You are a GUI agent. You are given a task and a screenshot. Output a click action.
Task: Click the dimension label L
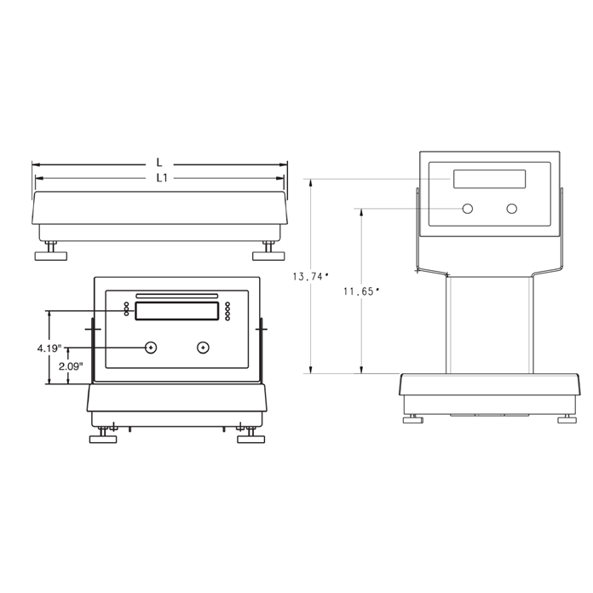tap(159, 162)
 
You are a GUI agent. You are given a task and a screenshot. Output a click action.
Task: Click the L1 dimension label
tap(160, 177)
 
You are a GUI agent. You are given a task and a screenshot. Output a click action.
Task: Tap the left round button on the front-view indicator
tap(151, 347)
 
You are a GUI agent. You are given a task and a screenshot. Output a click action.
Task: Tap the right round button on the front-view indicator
tap(203, 347)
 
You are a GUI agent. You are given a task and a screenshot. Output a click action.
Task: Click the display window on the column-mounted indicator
tap(489, 179)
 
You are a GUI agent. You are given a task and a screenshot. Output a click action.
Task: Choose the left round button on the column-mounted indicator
tap(468, 209)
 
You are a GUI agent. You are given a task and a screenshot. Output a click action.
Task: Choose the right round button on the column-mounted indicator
tap(511, 209)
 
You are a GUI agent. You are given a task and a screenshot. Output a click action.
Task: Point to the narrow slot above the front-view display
tap(176, 296)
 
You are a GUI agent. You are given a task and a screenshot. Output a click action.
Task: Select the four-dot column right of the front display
tap(227, 311)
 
